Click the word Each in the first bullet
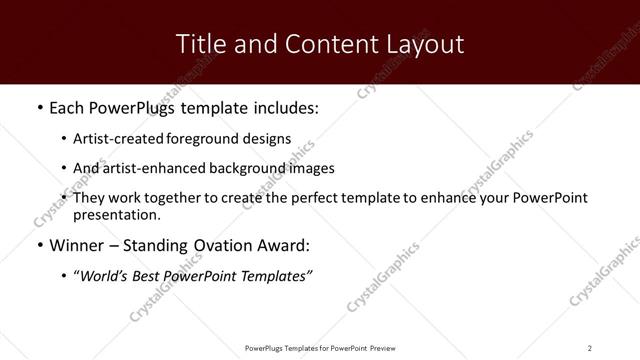pyautogui.click(x=67, y=106)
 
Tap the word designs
pyautogui.click(x=266, y=138)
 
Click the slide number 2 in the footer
pyautogui.click(x=589, y=348)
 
